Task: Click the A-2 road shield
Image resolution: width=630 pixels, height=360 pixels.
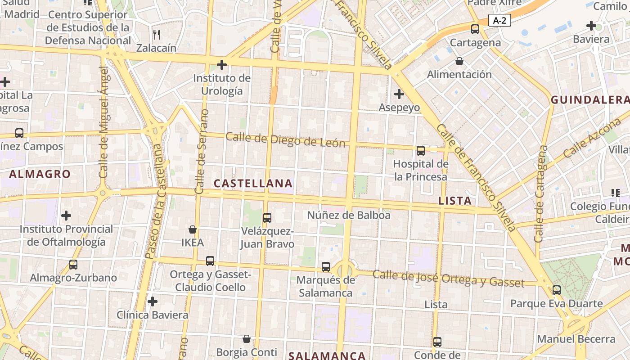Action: pyautogui.click(x=499, y=20)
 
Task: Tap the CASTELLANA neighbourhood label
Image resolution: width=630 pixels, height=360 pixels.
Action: pyautogui.click(x=253, y=184)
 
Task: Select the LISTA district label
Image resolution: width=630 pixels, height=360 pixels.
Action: pyautogui.click(x=455, y=201)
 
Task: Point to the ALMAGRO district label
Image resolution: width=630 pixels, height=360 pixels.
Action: pyautogui.click(x=40, y=174)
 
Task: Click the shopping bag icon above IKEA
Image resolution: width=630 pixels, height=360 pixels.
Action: pyautogui.click(x=193, y=229)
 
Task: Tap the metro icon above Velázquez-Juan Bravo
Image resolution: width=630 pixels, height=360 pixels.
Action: pyautogui.click(x=267, y=218)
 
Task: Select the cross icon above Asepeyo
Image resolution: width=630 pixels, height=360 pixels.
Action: pyautogui.click(x=399, y=94)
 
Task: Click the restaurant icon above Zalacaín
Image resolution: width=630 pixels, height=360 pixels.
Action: pyautogui.click(x=157, y=34)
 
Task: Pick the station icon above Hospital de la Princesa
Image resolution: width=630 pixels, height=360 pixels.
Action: pyautogui.click(x=421, y=151)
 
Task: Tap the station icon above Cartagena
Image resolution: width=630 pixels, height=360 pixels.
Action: pyautogui.click(x=475, y=29)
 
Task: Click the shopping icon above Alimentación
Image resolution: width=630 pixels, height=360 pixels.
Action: pyautogui.click(x=459, y=61)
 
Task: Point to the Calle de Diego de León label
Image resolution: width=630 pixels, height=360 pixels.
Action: pyautogui.click(x=285, y=140)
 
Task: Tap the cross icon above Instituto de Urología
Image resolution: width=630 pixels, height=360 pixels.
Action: pyautogui.click(x=221, y=65)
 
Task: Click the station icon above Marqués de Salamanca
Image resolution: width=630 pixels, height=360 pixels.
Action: pyautogui.click(x=326, y=266)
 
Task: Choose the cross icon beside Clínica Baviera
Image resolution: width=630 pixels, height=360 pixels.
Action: pyautogui.click(x=153, y=301)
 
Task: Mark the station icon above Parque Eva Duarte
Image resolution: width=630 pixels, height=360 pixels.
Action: pyautogui.click(x=557, y=290)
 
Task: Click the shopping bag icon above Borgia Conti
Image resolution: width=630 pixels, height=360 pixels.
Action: pyautogui.click(x=246, y=338)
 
